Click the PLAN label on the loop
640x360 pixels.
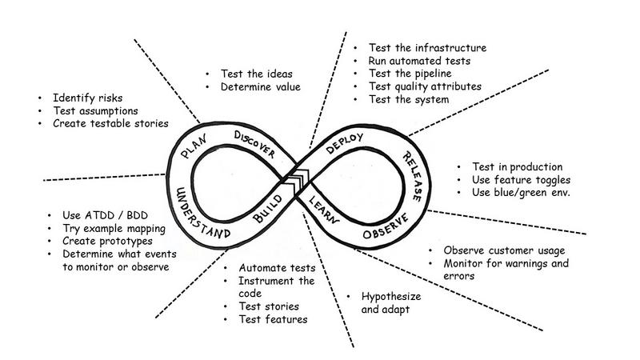click(194, 146)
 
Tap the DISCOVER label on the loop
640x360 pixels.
click(254, 144)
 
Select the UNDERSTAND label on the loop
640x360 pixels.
click(201, 214)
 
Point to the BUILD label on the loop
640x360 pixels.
click(268, 209)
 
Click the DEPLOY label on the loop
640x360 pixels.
click(345, 143)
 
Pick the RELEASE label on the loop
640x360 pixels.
click(412, 176)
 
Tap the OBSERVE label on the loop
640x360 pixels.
click(386, 226)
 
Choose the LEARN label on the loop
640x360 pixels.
click(324, 210)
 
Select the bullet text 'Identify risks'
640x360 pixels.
click(88, 98)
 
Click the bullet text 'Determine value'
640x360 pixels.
click(261, 86)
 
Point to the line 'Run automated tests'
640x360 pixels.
click(419, 61)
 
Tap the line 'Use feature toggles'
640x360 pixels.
click(522, 180)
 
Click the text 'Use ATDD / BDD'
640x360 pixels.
click(106, 215)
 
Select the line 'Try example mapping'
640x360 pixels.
click(114, 229)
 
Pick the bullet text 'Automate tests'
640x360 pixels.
click(277, 268)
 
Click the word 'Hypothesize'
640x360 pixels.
click(391, 297)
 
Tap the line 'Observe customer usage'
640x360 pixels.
click(505, 250)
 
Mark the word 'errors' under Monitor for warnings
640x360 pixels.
click(459, 276)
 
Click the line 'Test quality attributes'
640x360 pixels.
click(425, 86)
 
